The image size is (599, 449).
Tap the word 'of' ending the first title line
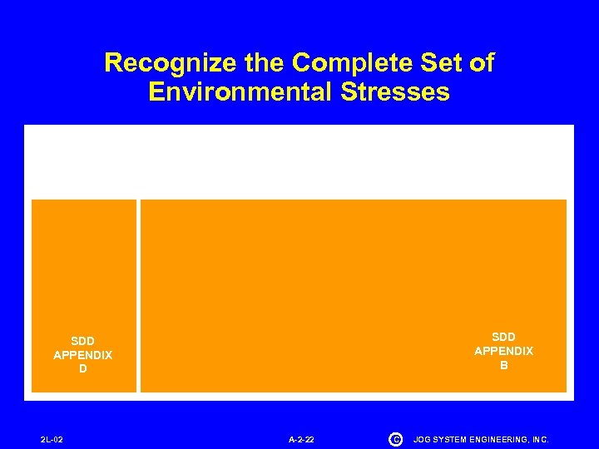478,63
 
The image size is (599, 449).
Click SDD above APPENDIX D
82,341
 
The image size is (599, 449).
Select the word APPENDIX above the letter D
82,355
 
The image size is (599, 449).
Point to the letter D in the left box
82,369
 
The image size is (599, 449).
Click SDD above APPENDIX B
503,337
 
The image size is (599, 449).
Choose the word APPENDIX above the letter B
503,351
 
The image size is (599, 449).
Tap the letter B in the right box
503,365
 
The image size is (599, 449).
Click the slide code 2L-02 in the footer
52,439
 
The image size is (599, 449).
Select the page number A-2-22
301,439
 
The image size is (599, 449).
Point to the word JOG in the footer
422,439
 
